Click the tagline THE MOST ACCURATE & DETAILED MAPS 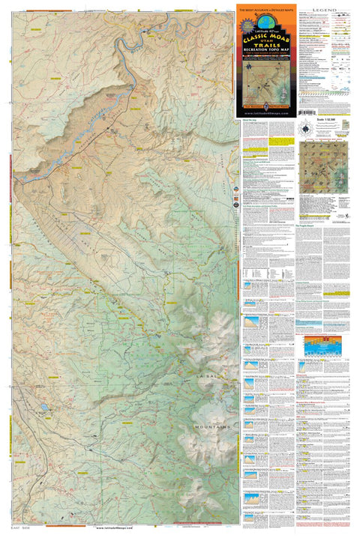267,8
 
